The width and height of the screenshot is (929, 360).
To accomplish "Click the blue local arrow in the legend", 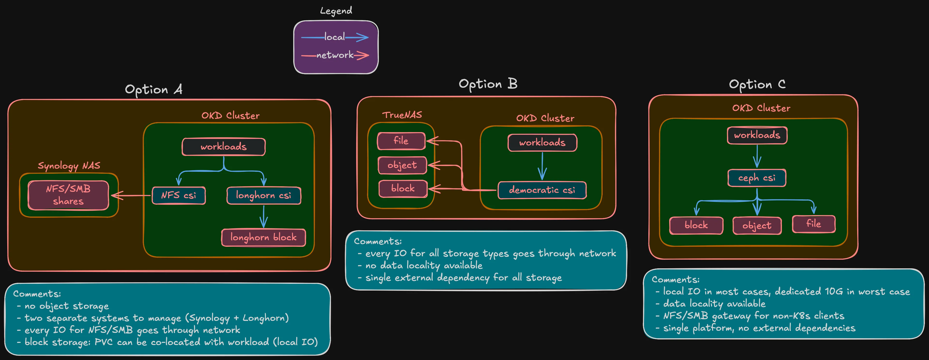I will tap(357, 37).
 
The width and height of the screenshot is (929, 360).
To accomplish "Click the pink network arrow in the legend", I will tap(361, 55).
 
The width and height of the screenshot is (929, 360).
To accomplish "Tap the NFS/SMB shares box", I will tap(68, 195).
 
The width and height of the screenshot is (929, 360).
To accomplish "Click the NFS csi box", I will tap(179, 195).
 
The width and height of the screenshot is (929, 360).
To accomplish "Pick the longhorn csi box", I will tap(264, 195).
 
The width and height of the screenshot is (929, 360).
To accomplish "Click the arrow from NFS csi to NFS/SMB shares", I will tap(132, 195).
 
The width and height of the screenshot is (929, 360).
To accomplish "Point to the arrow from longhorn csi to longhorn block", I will tap(264, 217).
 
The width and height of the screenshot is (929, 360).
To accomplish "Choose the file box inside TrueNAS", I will tap(401, 141).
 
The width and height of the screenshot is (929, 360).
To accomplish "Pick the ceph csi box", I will tap(757, 178).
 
